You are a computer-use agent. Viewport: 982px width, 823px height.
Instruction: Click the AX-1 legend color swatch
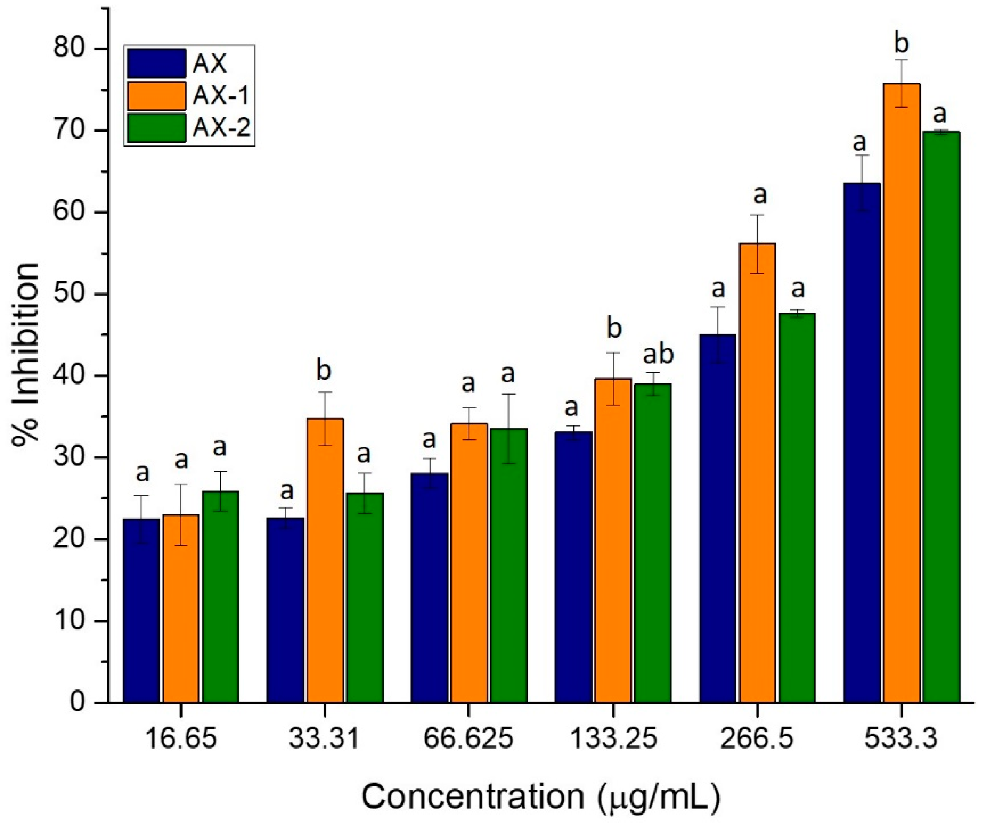pyautogui.click(x=157, y=96)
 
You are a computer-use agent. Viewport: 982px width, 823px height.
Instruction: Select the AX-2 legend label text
pyautogui.click(x=222, y=128)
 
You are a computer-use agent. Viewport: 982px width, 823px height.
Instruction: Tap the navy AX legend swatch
pyautogui.click(x=157, y=63)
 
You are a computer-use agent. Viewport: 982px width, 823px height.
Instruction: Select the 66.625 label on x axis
pyautogui.click(x=468, y=739)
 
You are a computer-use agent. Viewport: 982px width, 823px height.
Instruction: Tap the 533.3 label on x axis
pyautogui.click(x=901, y=739)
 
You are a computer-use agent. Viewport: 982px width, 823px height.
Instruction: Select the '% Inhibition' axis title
pyautogui.click(x=26, y=355)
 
